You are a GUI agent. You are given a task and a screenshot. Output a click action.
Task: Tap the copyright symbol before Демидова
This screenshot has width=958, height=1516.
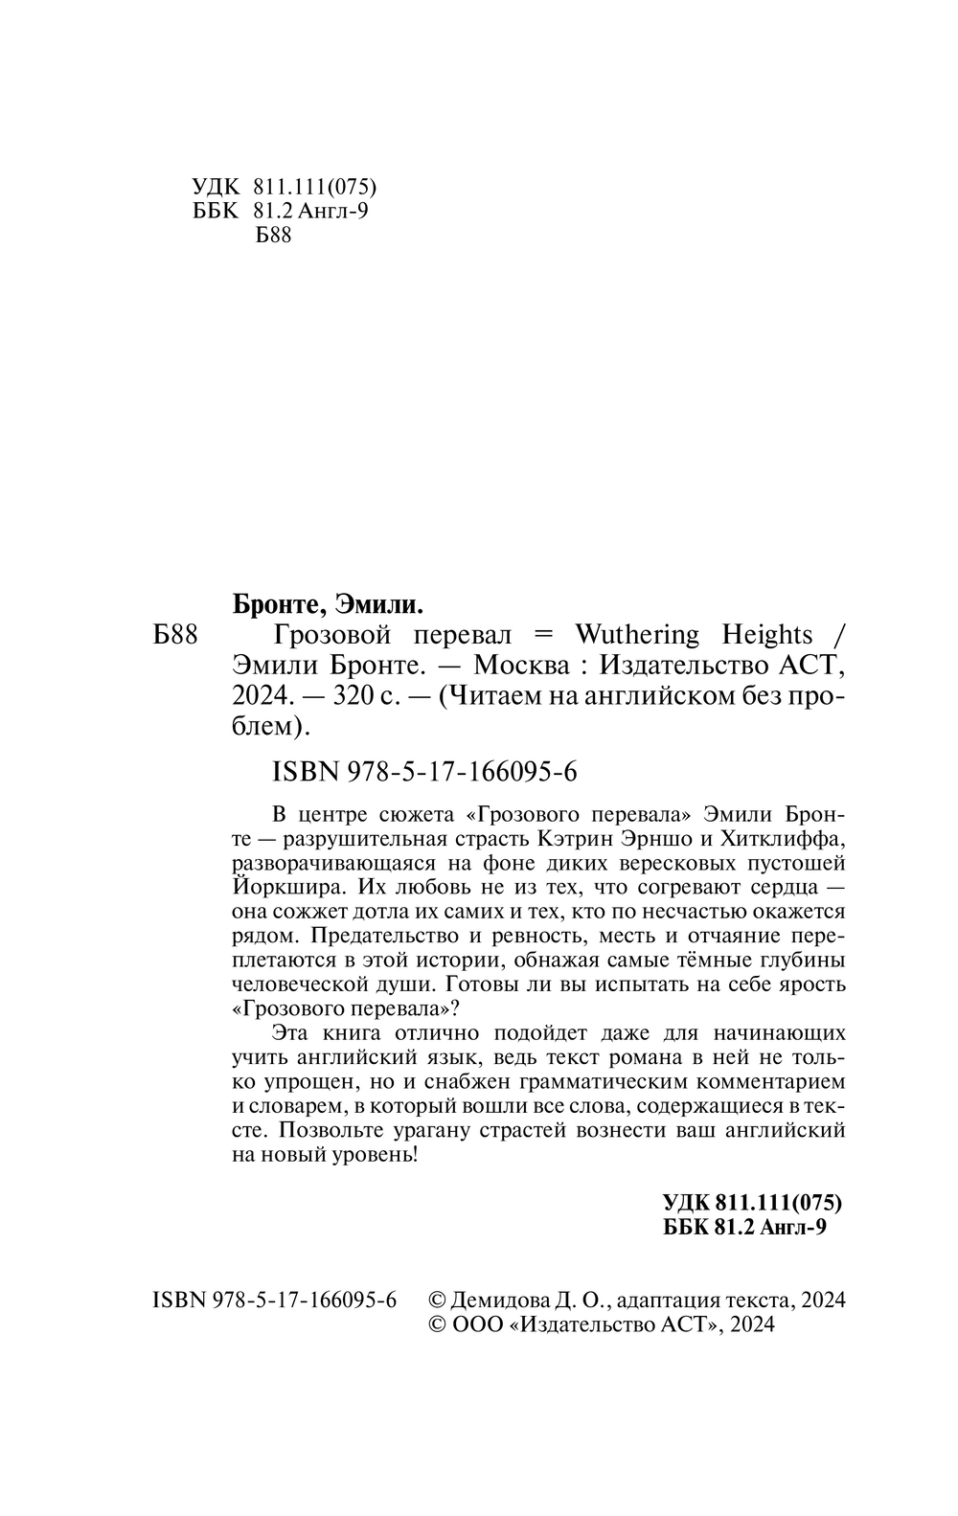tap(434, 1300)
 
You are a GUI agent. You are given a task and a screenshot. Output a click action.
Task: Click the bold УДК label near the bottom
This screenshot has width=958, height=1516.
tap(686, 1204)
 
